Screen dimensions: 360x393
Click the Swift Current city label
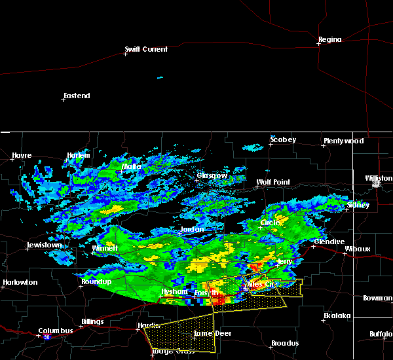pyautogui.click(x=147, y=49)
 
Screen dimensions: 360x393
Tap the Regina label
pyautogui.click(x=330, y=39)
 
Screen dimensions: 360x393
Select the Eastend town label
pyautogui.click(x=77, y=96)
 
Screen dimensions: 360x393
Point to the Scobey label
pyautogui.click(x=283, y=139)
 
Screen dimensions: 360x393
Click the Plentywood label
pyautogui.click(x=343, y=141)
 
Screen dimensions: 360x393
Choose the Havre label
pyautogui.click(x=22, y=155)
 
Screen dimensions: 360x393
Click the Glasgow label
pyautogui.click(x=212, y=175)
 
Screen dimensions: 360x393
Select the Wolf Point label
pyautogui.click(x=273, y=182)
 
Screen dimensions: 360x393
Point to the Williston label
pyautogui.click(x=380, y=177)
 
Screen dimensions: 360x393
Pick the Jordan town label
pyautogui.click(x=192, y=230)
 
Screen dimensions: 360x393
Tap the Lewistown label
pyautogui.click(x=44, y=245)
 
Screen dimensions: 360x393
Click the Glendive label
pyautogui.click(x=329, y=242)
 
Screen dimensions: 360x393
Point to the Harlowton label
pyautogui.click(x=20, y=282)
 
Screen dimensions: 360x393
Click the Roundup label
pyautogui.click(x=96, y=281)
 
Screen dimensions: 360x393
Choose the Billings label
pyautogui.click(x=92, y=322)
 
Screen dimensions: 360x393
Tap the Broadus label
pyautogui.click(x=285, y=343)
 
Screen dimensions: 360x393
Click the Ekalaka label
pyautogui.click(x=337, y=315)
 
